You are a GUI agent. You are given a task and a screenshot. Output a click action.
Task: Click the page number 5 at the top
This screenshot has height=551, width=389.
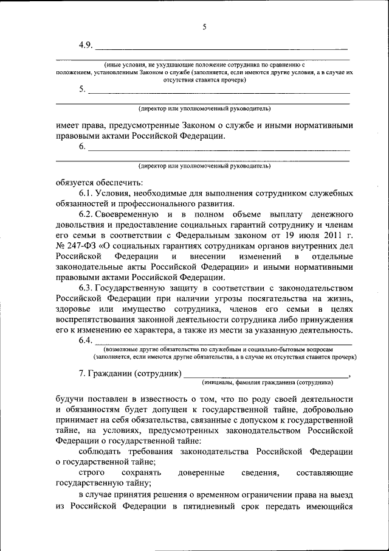[204, 27]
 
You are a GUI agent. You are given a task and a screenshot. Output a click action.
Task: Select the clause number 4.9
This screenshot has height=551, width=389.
[86, 45]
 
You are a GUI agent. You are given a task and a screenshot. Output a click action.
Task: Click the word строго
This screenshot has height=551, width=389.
[92, 473]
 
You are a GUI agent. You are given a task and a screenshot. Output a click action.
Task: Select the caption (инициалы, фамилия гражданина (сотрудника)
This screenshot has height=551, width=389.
[267, 382]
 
